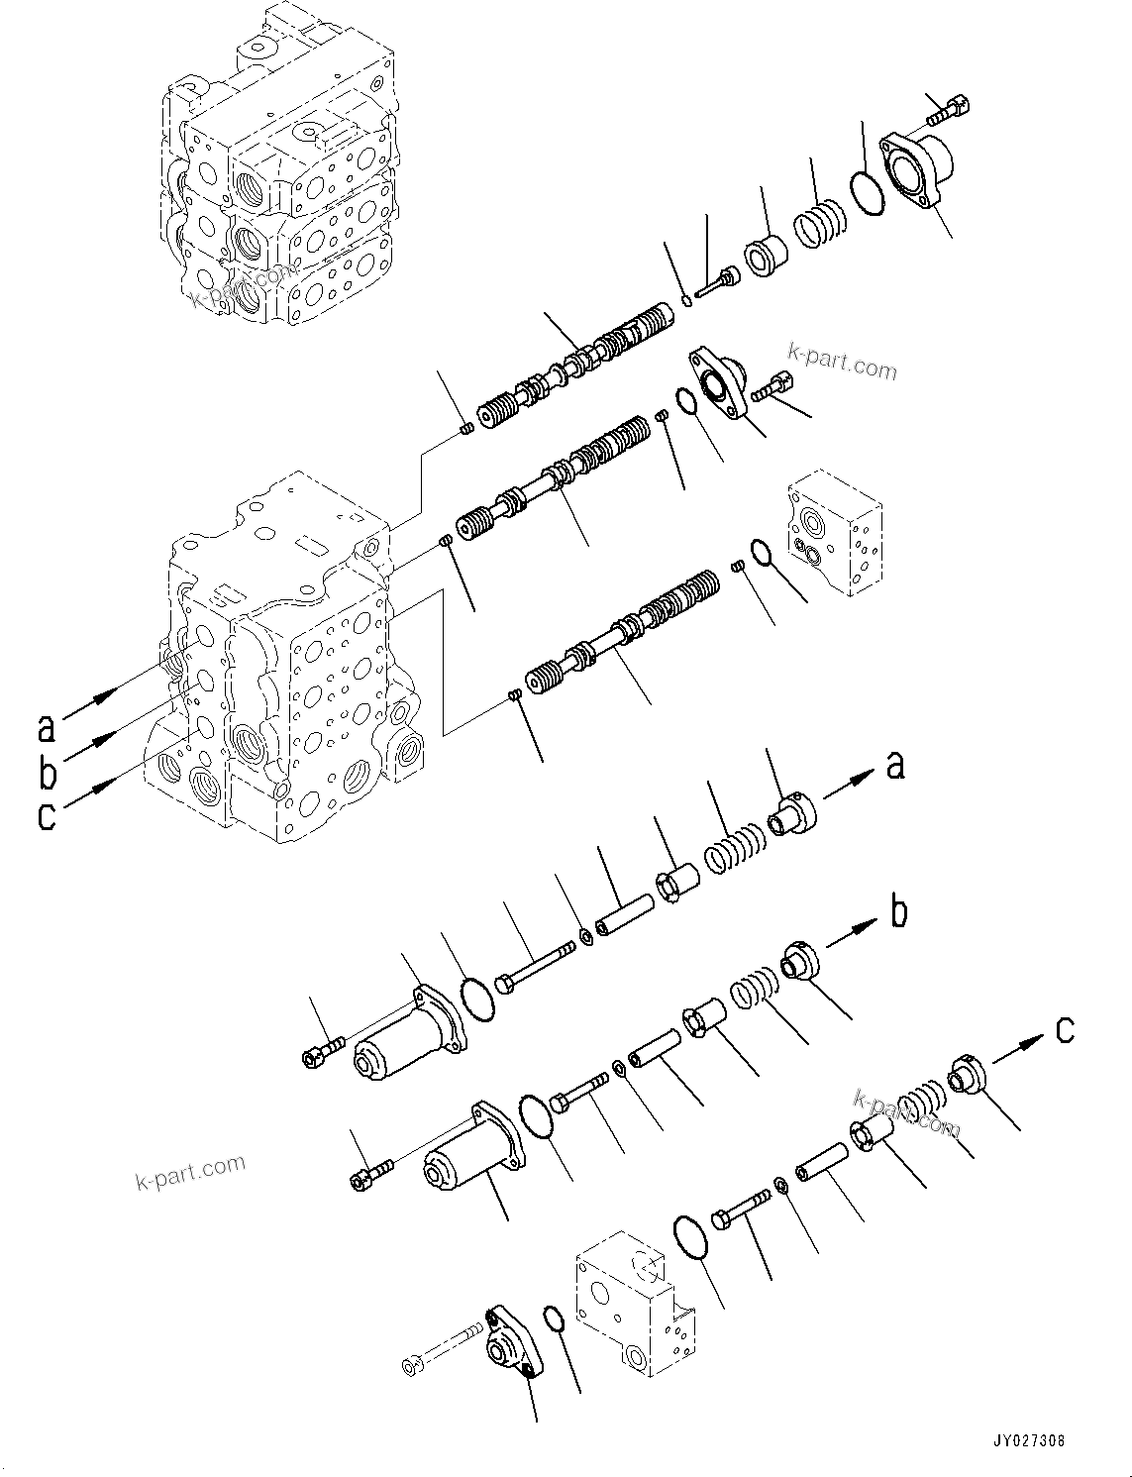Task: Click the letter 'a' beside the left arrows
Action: coord(46,728)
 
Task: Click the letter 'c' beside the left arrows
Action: coord(46,817)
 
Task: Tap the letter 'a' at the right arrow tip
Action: coord(894,765)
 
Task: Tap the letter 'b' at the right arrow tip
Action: coord(898,911)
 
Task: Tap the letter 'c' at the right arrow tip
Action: coord(1064,1030)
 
